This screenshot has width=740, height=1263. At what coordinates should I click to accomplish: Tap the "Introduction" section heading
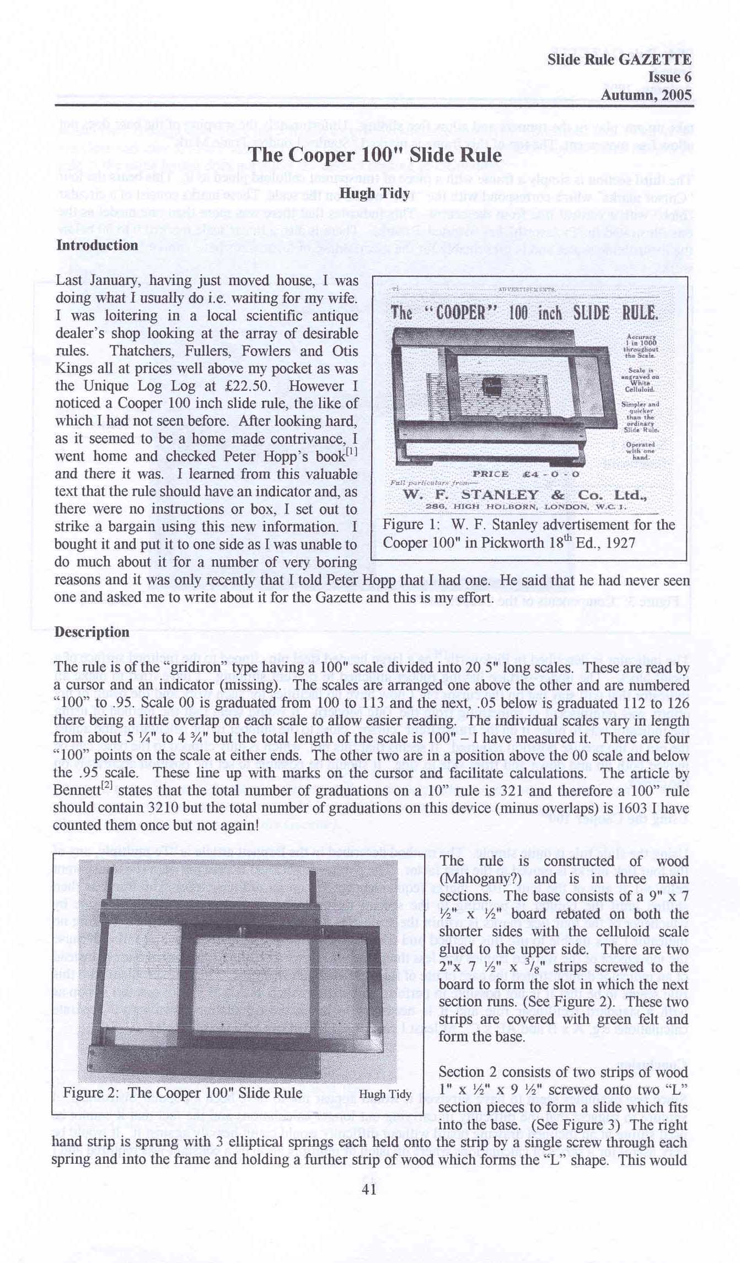pos(97,245)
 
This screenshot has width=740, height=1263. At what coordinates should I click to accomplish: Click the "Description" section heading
pos(92,632)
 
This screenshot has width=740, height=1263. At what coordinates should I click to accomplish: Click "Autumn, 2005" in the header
pos(646,95)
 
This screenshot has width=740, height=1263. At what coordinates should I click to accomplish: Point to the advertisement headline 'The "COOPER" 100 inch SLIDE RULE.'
pos(524,313)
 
